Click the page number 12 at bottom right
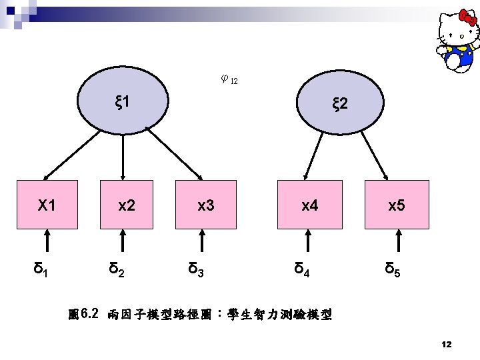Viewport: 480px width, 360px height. [447, 344]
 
